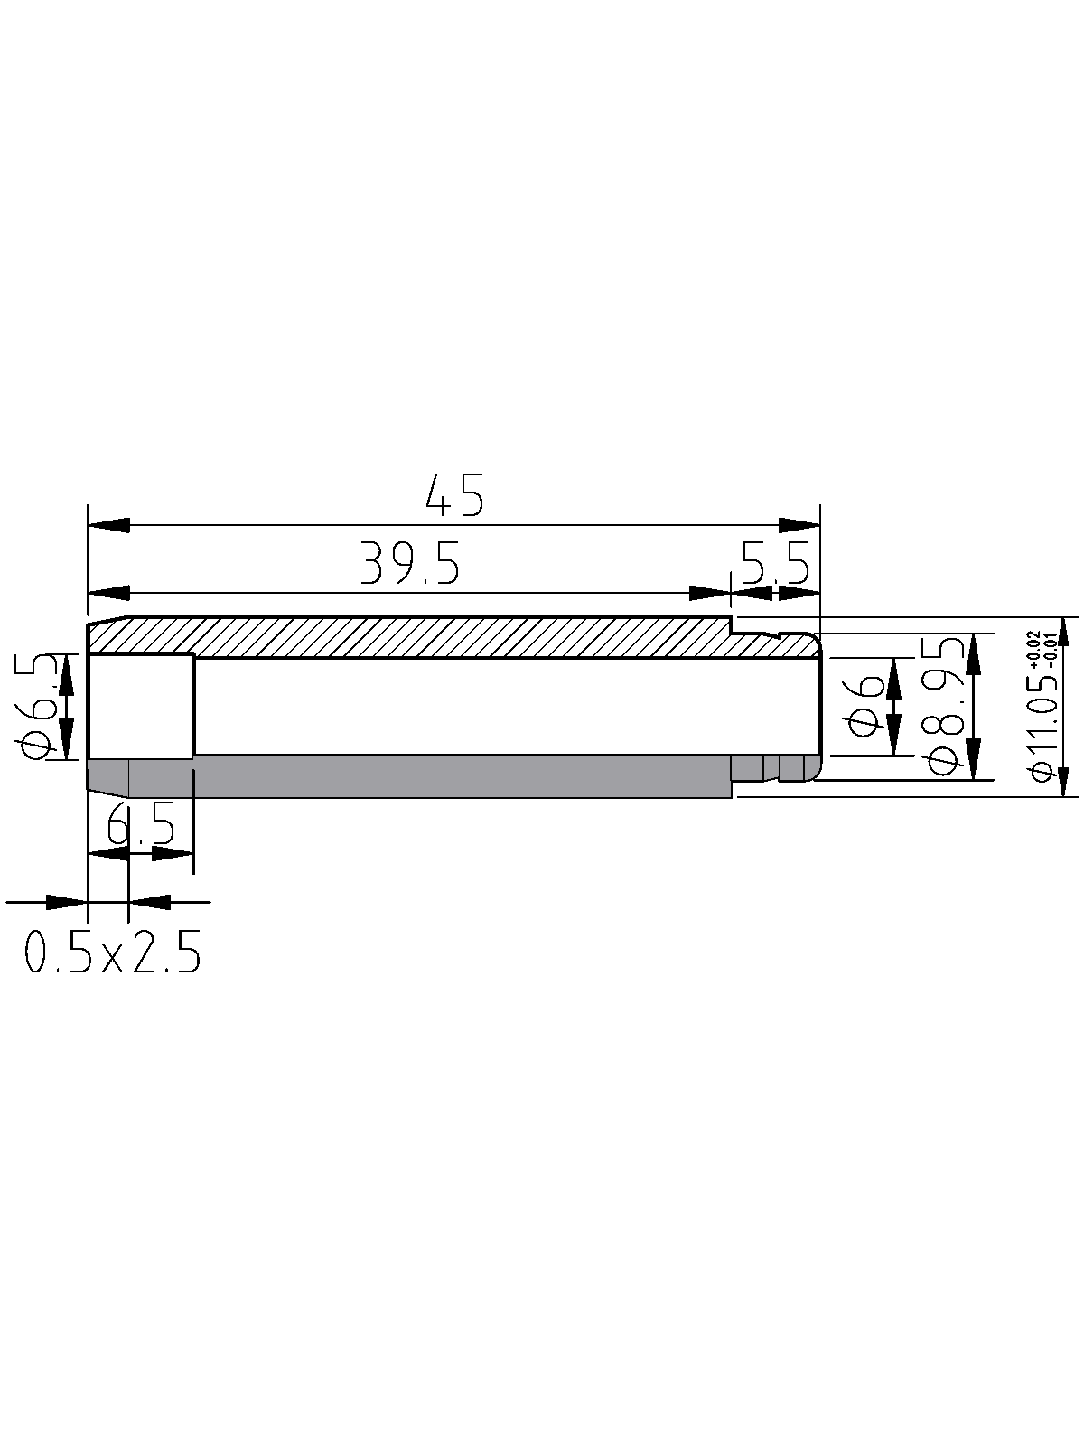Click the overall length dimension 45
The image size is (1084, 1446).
(x=454, y=494)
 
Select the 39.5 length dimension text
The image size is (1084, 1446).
(x=409, y=563)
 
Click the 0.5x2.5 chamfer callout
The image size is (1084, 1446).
(x=113, y=952)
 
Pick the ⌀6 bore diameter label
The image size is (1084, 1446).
(x=864, y=706)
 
